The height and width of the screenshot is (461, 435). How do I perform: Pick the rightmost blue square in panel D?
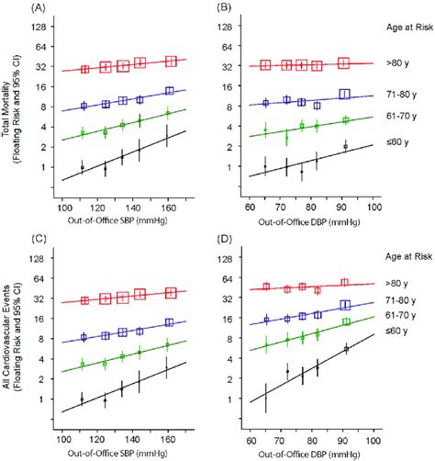point(345,305)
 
